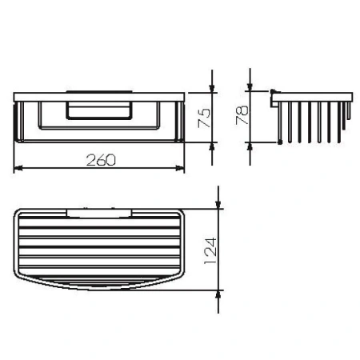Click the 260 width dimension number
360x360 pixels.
(100, 158)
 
